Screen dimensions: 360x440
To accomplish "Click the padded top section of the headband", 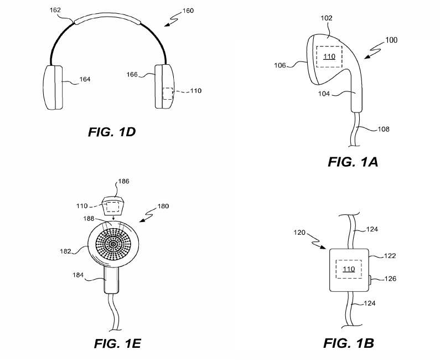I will pyautogui.click(x=106, y=18).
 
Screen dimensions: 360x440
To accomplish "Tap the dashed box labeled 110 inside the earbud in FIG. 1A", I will pyautogui.click(x=329, y=56).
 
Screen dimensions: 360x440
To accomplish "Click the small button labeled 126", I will pyautogui.click(x=369, y=279).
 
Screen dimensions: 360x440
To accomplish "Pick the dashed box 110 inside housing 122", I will pyautogui.click(x=348, y=270).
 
